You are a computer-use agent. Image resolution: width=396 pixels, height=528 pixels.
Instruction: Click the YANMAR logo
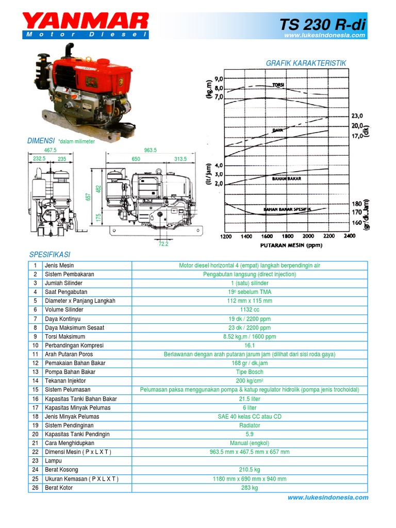(86, 22)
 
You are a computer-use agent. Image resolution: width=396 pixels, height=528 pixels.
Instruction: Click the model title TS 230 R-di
(322, 24)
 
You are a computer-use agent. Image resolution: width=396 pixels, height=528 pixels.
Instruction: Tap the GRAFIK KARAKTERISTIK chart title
(306, 63)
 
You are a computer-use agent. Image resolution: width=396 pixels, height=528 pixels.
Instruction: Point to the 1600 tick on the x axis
(267, 236)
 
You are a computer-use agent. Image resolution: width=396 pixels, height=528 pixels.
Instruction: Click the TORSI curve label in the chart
(278, 85)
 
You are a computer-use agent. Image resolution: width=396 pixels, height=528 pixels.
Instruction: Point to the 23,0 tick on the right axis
(357, 116)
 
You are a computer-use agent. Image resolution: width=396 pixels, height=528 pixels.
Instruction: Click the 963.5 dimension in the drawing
(150, 150)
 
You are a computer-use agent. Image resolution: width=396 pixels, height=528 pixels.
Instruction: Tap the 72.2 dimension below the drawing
(163, 244)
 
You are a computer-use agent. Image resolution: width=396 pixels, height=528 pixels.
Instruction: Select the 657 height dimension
(88, 196)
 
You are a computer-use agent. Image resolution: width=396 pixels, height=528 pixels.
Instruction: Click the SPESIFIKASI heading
(49, 255)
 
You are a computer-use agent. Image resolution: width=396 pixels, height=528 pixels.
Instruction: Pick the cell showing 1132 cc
(250, 310)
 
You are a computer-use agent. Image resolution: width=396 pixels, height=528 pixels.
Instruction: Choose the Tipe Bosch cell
(250, 372)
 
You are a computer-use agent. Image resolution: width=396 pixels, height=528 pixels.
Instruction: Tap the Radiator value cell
(250, 425)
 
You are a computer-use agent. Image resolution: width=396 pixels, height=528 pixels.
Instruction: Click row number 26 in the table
(35, 488)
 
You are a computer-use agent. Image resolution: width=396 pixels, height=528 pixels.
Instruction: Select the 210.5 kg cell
(250, 470)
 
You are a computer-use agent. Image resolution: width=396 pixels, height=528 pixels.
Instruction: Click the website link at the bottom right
(327, 498)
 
